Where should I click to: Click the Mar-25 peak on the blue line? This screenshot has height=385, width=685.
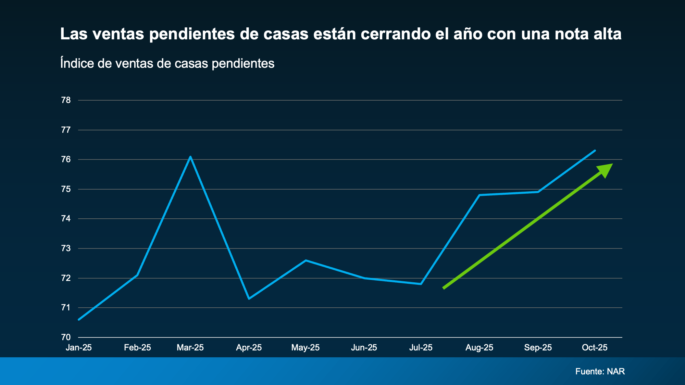coord(190,157)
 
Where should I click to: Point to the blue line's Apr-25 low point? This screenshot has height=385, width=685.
coord(249,298)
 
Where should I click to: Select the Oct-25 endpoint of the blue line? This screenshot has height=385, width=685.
coord(595,151)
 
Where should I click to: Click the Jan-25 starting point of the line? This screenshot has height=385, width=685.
coord(79,320)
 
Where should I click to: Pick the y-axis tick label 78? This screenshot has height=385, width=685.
coord(66,100)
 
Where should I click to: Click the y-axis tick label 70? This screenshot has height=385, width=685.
coord(66,337)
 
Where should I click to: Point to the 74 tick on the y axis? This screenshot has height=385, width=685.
coord(66,219)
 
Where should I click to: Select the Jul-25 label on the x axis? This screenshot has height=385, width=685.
coord(421,348)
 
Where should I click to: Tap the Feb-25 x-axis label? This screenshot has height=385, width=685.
coord(137,348)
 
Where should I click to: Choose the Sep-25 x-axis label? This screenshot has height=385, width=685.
coord(538,348)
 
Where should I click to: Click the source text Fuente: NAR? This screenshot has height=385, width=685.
coord(600,371)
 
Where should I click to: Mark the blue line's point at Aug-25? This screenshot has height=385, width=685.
coord(479,195)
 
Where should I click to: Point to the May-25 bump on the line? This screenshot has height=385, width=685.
coord(306,260)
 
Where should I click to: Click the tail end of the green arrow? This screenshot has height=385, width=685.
coord(444,288)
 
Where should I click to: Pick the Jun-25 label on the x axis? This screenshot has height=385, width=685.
coord(364,348)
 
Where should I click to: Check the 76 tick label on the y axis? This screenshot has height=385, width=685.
coord(66,159)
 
